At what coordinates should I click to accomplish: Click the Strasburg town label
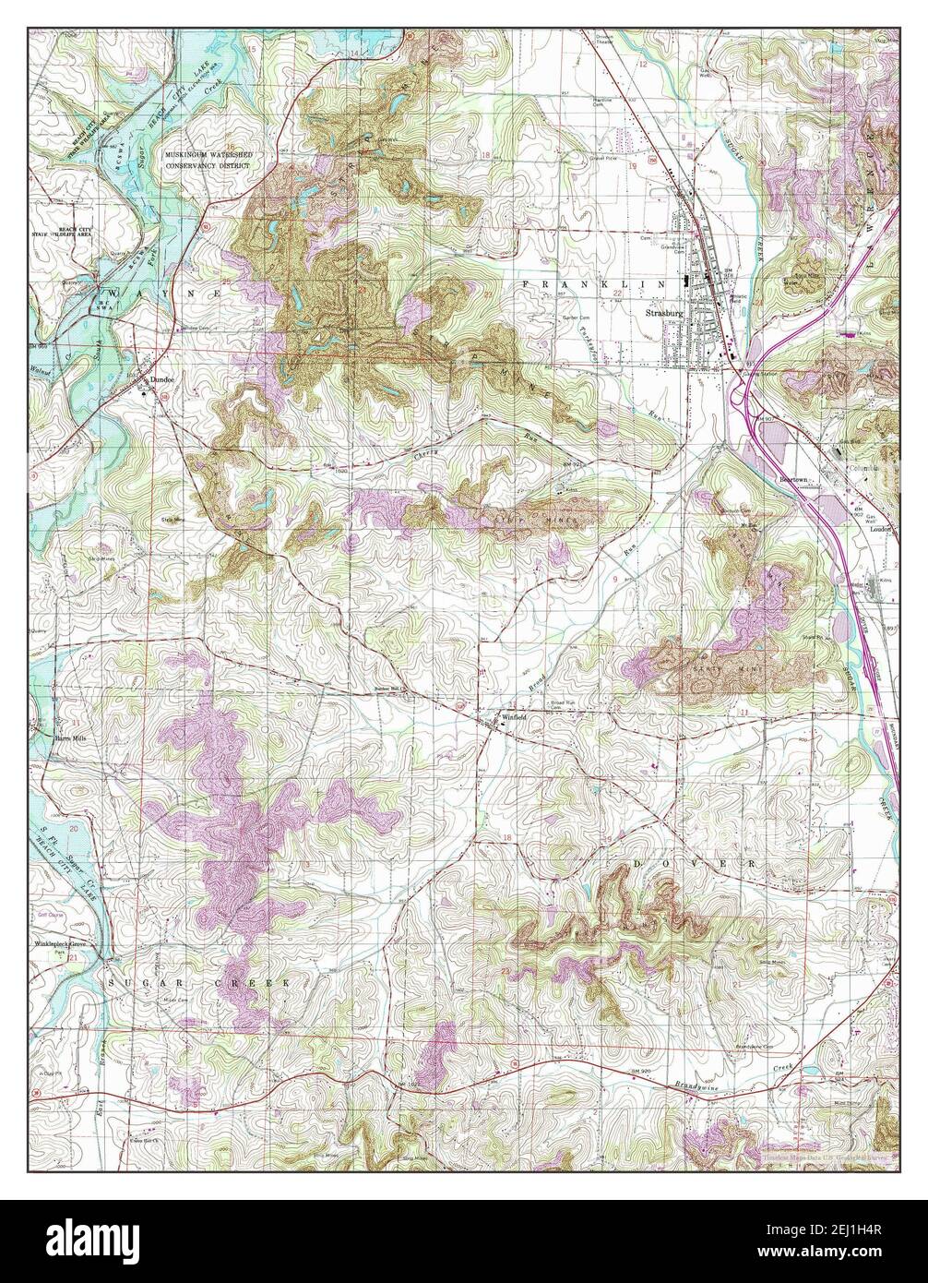(658, 313)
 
